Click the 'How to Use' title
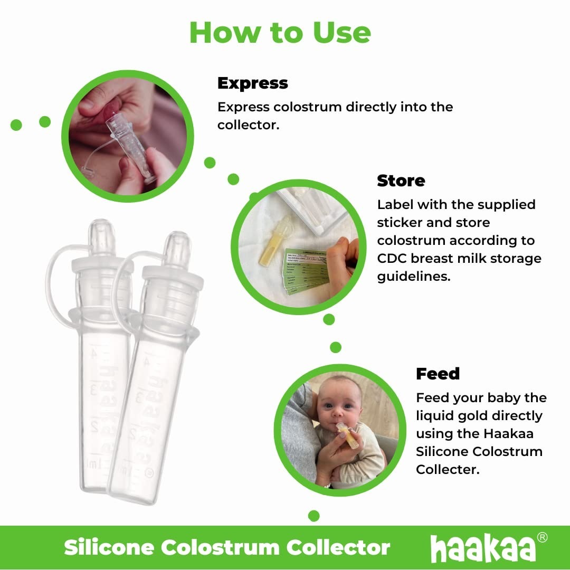click(x=280, y=33)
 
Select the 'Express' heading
click(x=252, y=83)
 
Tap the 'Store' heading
click(x=401, y=181)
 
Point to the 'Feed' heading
click(x=438, y=374)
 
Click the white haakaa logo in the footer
click(x=483, y=548)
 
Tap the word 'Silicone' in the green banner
click(x=109, y=548)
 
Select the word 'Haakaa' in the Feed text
click(x=509, y=434)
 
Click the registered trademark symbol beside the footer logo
click(x=541, y=537)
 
